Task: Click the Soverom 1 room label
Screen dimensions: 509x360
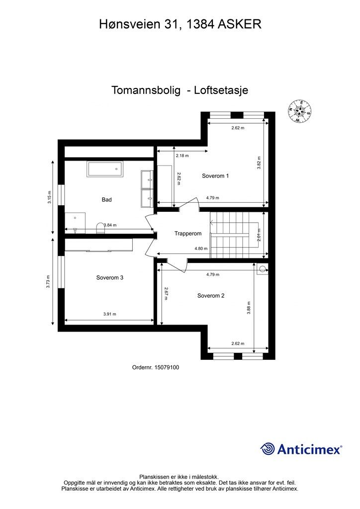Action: pos(215,176)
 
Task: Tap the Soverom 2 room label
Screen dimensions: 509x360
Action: pos(211,296)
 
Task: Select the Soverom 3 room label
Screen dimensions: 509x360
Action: pos(109,278)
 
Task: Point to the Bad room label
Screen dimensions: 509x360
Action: pos(106,200)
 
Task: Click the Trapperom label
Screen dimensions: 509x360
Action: pos(187,233)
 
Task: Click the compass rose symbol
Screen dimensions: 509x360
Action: pos(299,111)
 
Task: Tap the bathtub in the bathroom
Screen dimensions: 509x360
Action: pos(105,169)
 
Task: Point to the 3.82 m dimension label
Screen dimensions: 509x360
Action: pos(259,164)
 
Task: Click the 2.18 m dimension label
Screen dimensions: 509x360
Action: pos(182,156)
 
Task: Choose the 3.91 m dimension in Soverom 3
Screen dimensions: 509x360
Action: pos(109,314)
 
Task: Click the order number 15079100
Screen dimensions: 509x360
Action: pos(156,368)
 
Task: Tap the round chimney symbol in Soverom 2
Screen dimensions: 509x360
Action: pos(262,270)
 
